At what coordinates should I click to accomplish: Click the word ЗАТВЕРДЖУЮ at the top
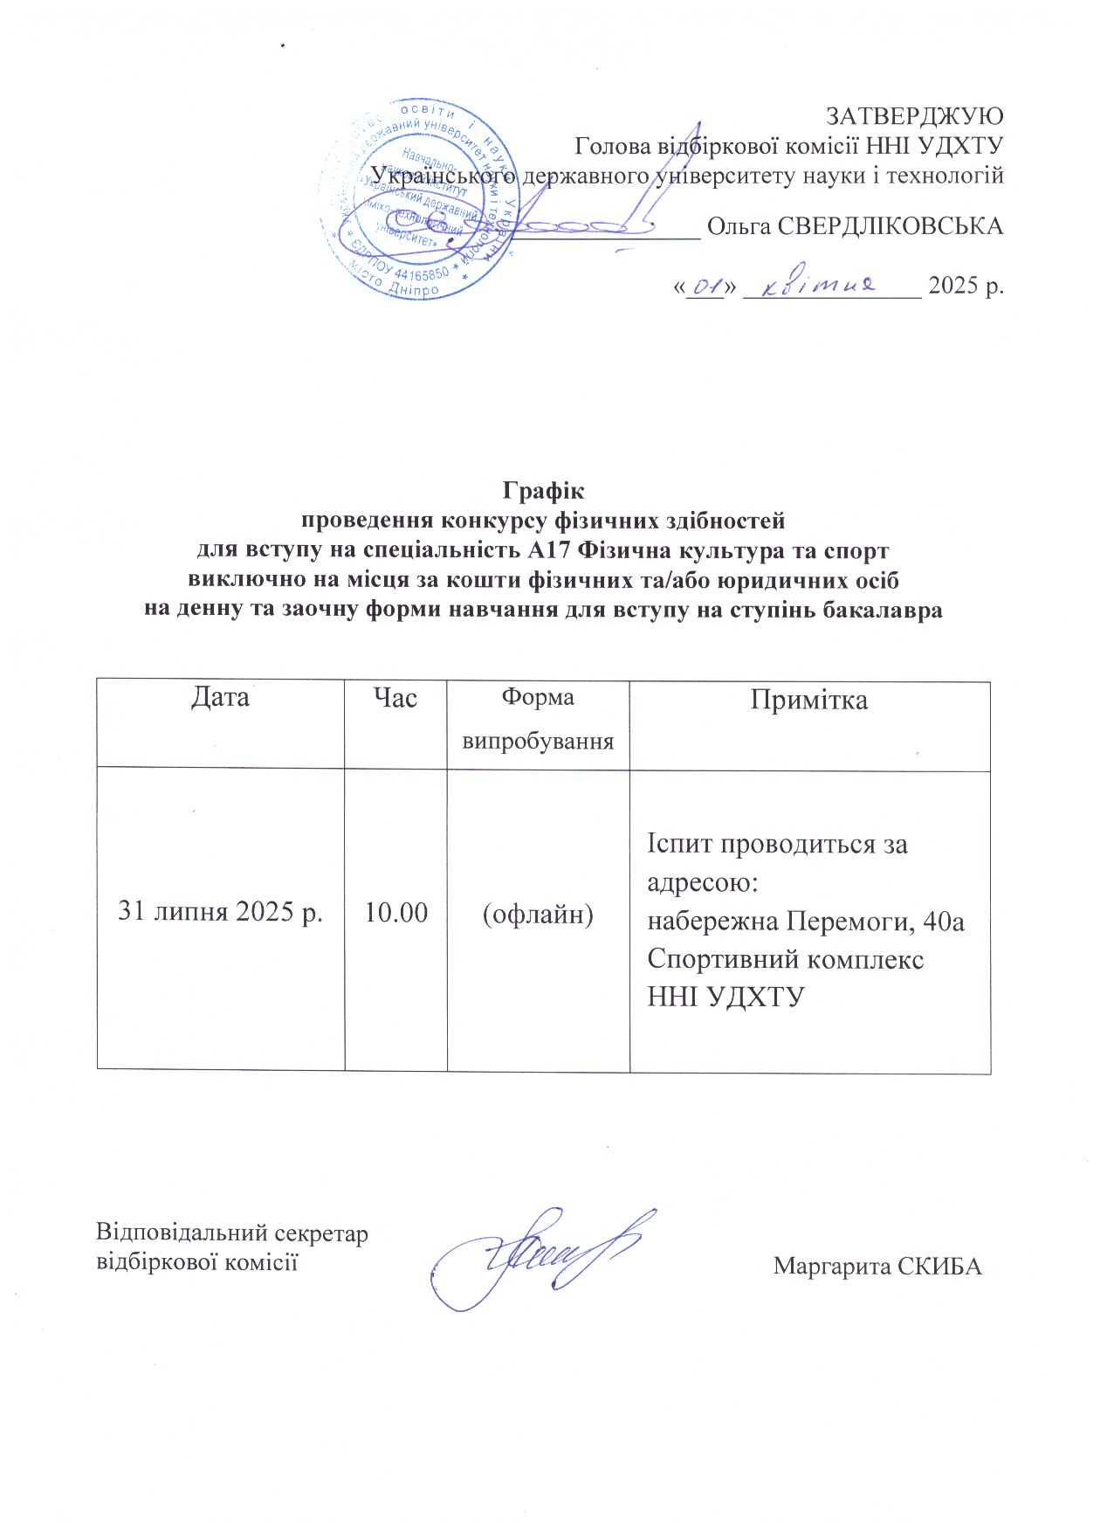(x=914, y=115)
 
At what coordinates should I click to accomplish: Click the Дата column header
(x=220, y=697)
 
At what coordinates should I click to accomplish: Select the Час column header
(x=395, y=697)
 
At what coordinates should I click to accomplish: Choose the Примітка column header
(x=809, y=701)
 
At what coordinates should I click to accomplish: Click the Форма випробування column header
(x=538, y=720)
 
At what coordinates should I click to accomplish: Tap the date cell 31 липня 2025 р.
(x=220, y=912)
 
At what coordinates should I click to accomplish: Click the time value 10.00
(x=395, y=913)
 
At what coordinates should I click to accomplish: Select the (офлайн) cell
(x=538, y=914)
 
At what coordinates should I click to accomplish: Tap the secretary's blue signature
(x=541, y=1258)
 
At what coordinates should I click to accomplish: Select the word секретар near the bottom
(x=322, y=1233)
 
